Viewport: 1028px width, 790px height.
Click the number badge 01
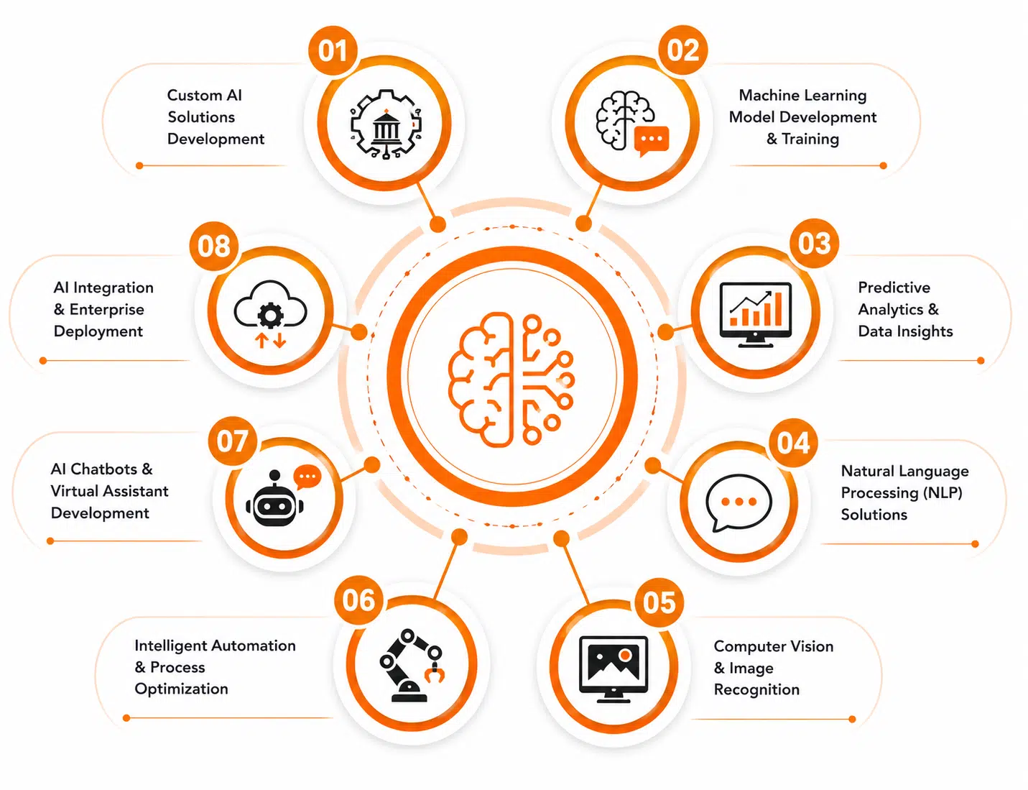333,50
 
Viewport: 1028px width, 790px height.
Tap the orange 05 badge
659,602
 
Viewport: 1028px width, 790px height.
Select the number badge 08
214,246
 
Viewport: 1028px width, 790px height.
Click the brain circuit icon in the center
511,379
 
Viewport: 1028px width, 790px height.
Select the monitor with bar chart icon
755,314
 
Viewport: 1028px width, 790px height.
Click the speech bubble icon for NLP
738,502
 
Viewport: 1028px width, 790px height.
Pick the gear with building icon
386,124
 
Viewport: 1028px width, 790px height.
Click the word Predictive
894,288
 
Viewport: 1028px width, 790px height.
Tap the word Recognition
756,689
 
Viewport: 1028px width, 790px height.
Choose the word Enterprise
106,310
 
